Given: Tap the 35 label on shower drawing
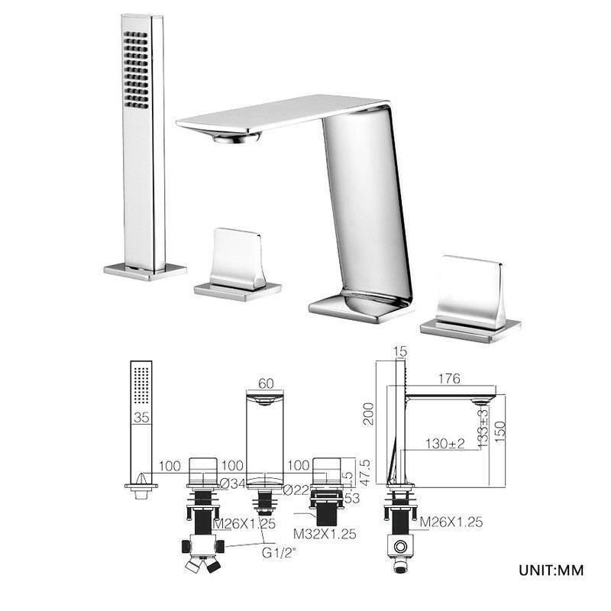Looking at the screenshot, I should click(141, 418).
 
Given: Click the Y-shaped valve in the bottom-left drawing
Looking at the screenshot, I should click(202, 553).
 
